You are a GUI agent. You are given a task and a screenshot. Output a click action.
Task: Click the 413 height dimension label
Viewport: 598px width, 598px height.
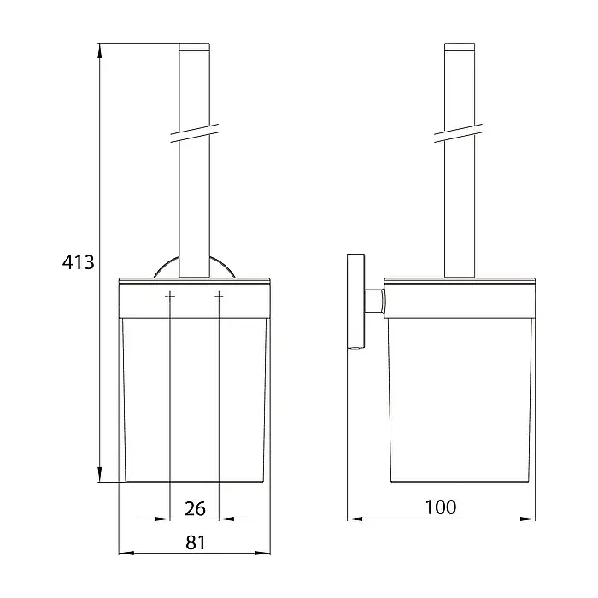click(x=79, y=262)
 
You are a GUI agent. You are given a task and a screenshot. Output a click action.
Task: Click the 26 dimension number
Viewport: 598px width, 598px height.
click(x=195, y=509)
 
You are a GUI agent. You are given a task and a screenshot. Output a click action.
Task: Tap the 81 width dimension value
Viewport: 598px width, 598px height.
click(x=196, y=542)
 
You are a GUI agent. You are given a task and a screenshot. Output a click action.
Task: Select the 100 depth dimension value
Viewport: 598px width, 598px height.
click(x=441, y=507)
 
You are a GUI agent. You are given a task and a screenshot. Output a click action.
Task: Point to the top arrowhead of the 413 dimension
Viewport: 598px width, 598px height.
click(x=100, y=50)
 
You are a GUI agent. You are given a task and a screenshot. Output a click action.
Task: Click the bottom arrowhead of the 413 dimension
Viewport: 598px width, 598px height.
click(x=100, y=474)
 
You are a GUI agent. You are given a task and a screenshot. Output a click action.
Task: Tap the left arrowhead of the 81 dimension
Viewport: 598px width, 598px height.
click(x=126, y=553)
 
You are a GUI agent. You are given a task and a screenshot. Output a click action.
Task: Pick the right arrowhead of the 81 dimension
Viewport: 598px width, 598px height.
click(x=263, y=553)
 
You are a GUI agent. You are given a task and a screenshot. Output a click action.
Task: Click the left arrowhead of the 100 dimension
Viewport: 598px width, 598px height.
click(x=355, y=519)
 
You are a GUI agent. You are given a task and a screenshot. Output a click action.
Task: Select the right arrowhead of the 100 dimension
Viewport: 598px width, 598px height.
click(x=527, y=519)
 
